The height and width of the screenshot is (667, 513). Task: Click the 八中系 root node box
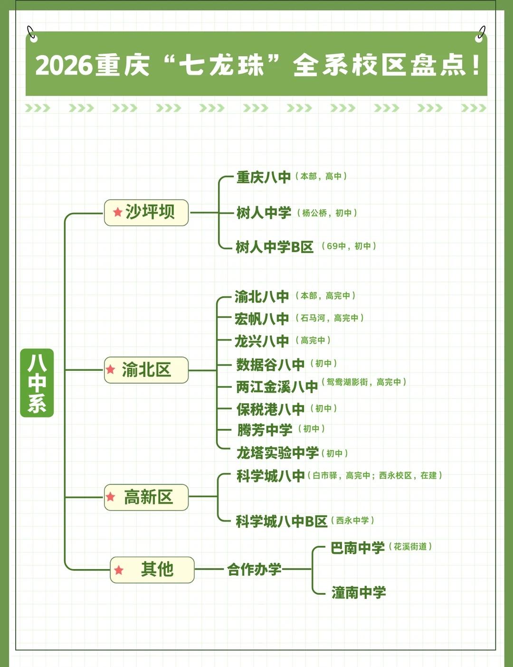pyautogui.click(x=37, y=383)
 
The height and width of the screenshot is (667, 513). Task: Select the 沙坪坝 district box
pyautogui.click(x=146, y=213)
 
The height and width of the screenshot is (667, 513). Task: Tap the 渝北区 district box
pyautogui.click(x=146, y=370)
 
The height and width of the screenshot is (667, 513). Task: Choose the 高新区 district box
pyautogui.click(x=146, y=497)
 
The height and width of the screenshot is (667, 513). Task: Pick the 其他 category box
pyautogui.click(x=152, y=570)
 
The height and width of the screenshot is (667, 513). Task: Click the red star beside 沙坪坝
pyautogui.click(x=118, y=213)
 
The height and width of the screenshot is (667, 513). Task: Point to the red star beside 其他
pyautogui.click(x=119, y=570)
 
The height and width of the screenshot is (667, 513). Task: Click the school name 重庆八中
pyautogui.click(x=264, y=177)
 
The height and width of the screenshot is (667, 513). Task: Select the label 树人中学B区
pyautogui.click(x=275, y=247)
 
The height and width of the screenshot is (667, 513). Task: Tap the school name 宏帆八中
pyautogui.click(x=262, y=319)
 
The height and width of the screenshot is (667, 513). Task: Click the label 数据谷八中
pyautogui.click(x=270, y=365)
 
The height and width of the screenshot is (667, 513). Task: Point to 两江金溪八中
pyautogui.click(x=277, y=387)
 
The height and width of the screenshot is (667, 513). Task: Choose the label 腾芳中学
pyautogui.click(x=265, y=430)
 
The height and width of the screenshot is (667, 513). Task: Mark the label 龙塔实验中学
pyautogui.click(x=277, y=453)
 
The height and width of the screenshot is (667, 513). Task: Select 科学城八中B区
pyautogui.click(x=282, y=522)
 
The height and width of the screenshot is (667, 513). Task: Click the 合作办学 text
pyautogui.click(x=254, y=569)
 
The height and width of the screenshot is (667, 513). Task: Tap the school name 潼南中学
pyautogui.click(x=359, y=592)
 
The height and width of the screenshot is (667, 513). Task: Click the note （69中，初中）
pyautogui.click(x=349, y=246)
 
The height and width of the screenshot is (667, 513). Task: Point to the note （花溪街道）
pyautogui.click(x=410, y=547)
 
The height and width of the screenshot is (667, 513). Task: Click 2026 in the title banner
pyautogui.click(x=64, y=66)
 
